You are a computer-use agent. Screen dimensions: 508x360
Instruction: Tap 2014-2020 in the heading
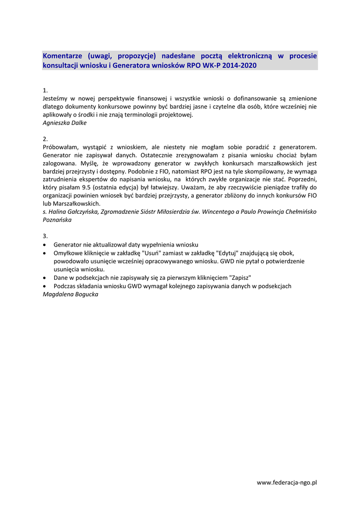click(x=241, y=65)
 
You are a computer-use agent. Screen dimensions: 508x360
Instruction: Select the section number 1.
click(x=45, y=91)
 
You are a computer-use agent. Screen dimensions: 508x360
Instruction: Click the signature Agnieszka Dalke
click(x=65, y=123)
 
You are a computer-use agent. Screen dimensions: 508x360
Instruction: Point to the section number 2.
click(x=45, y=139)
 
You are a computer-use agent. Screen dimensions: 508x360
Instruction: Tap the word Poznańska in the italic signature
click(x=57, y=220)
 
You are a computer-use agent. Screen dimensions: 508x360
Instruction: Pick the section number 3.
click(x=45, y=236)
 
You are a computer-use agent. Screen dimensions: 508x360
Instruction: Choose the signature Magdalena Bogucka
click(x=71, y=295)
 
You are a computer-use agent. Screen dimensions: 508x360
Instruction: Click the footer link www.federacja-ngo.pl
click(x=287, y=483)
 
